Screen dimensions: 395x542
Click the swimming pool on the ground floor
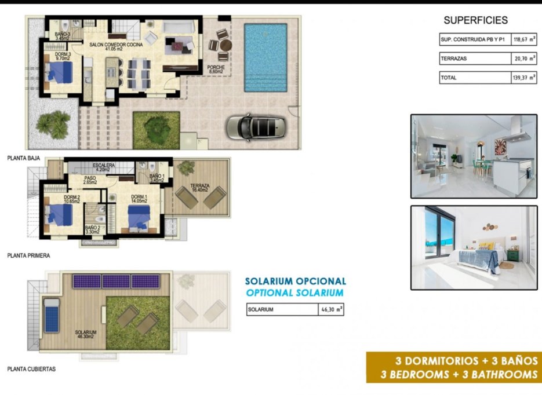(265, 57)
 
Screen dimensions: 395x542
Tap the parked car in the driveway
(255, 126)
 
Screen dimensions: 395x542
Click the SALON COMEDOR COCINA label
(114, 46)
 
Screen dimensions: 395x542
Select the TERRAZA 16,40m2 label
(199, 188)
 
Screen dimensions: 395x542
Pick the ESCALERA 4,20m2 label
(106, 167)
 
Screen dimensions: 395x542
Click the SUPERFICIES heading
(475, 20)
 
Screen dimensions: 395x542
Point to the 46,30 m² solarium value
(332, 310)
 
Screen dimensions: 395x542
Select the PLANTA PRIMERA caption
(28, 255)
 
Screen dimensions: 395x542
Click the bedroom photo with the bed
(474, 247)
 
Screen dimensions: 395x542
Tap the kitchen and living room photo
(474, 156)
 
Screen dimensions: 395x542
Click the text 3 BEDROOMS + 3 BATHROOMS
(459, 374)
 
